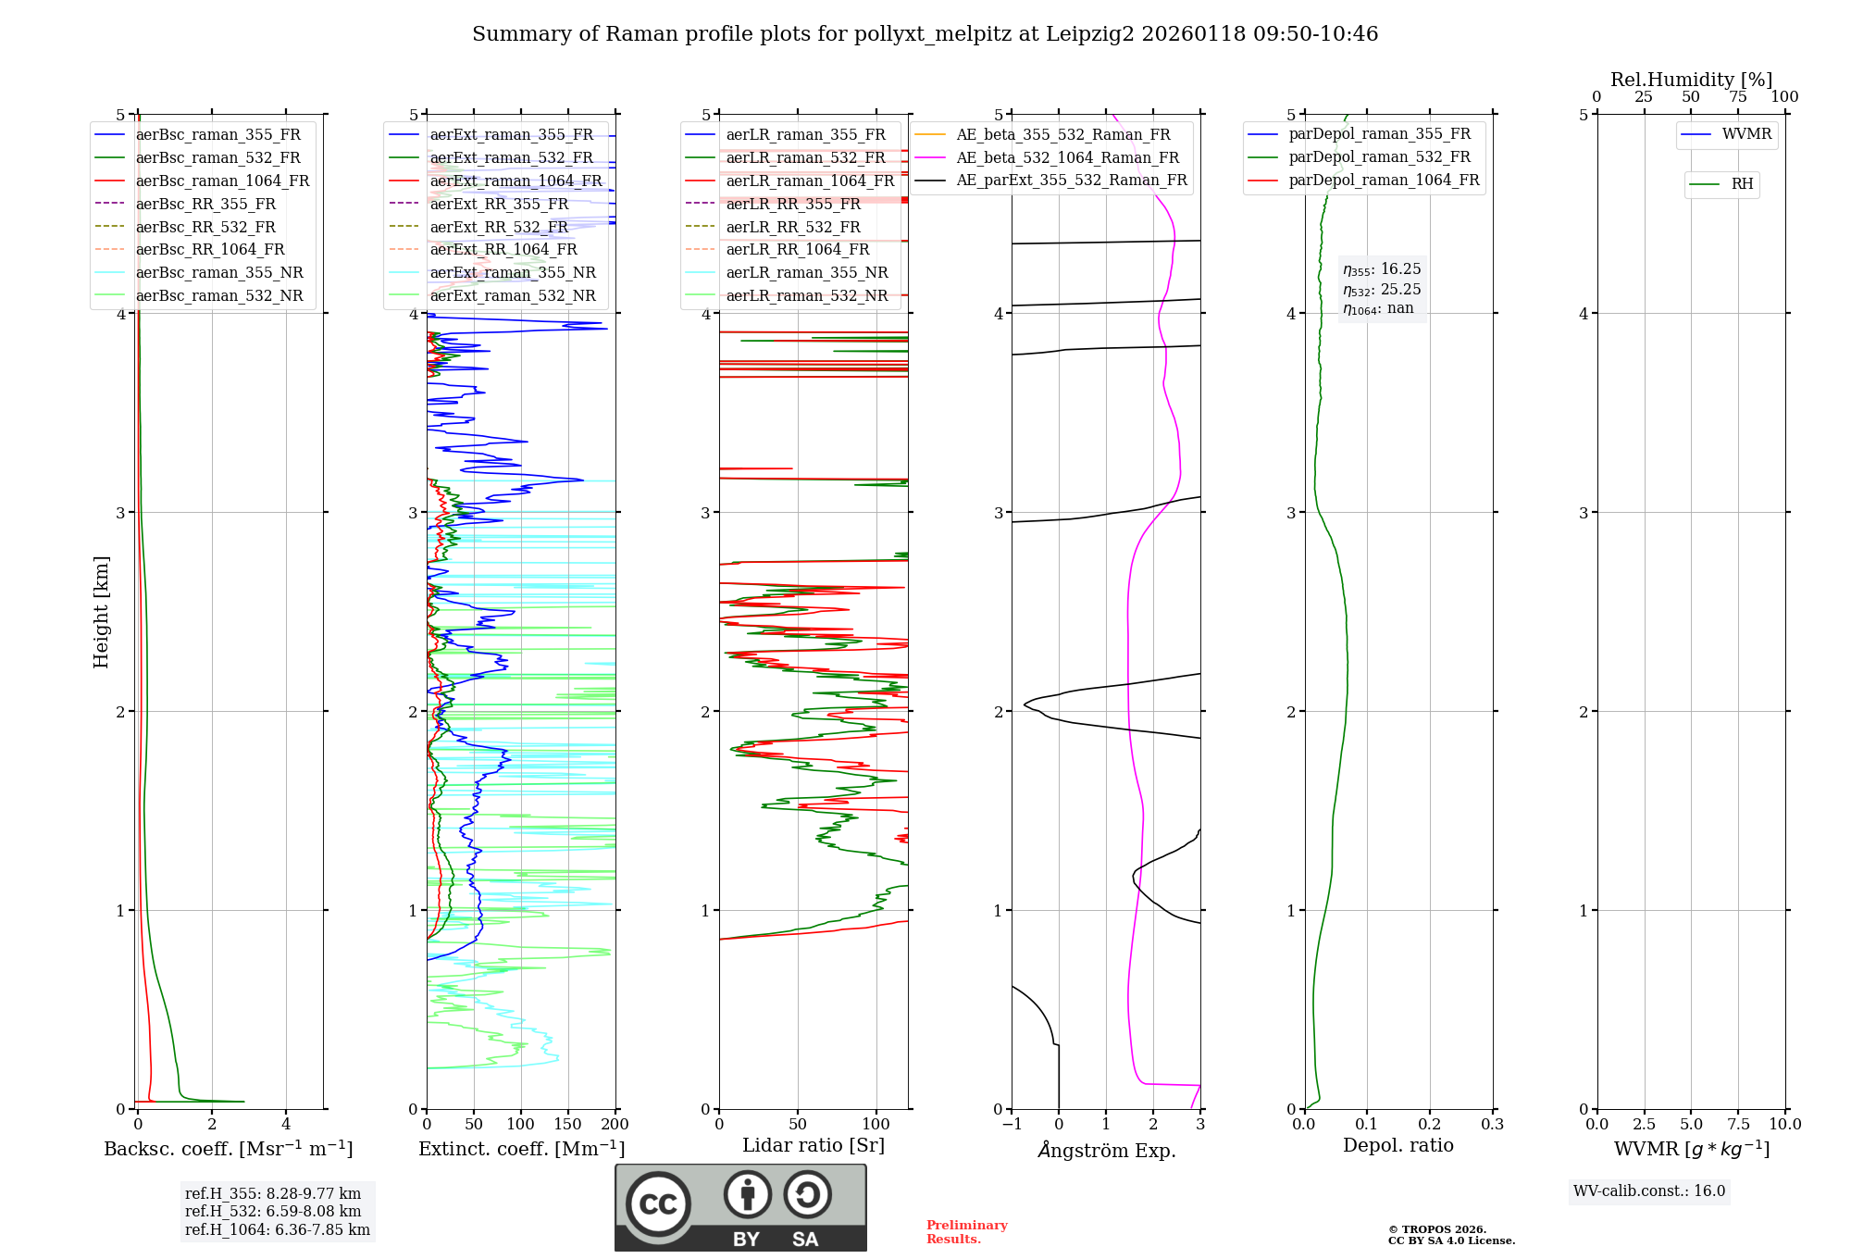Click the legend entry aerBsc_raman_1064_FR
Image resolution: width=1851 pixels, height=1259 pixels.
pyautogui.click(x=222, y=181)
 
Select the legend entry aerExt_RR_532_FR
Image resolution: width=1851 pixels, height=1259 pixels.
pyautogui.click(x=499, y=227)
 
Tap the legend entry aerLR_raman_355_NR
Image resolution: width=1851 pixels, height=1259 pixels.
pyautogui.click(x=806, y=272)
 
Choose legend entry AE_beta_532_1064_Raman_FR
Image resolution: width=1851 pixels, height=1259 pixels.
pyautogui.click(x=1067, y=157)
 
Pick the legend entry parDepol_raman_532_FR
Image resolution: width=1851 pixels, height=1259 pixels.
pyautogui.click(x=1379, y=157)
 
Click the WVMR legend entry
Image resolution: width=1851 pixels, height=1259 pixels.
pyautogui.click(x=1746, y=134)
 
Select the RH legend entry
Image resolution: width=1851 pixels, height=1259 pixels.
pyautogui.click(x=1742, y=184)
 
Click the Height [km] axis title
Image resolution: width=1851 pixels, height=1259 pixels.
pyautogui.click(x=101, y=612)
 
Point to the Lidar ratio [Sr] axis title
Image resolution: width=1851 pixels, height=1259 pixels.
pyautogui.click(x=814, y=1145)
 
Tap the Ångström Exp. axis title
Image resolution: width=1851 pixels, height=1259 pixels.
pyautogui.click(x=1106, y=1150)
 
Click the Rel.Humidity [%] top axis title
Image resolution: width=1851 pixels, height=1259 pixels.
pyautogui.click(x=1691, y=80)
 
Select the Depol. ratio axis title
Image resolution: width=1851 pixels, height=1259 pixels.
pyautogui.click(x=1398, y=1145)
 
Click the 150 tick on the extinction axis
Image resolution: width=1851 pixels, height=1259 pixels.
pyautogui.click(x=567, y=1124)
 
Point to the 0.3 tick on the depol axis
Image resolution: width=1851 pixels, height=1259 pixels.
pyautogui.click(x=1492, y=1124)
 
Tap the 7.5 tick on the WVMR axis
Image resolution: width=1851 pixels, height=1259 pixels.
pyautogui.click(x=1738, y=1124)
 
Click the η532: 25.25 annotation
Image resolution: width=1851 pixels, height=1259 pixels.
pyautogui.click(x=1382, y=290)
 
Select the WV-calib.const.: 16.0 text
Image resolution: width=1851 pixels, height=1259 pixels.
pyautogui.click(x=1649, y=1190)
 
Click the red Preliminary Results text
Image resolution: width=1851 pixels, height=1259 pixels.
pyautogui.click(x=966, y=1231)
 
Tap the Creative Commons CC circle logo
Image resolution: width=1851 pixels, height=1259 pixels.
pyautogui.click(x=658, y=1203)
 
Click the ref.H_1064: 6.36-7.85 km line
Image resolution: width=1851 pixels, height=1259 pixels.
pyautogui.click(x=278, y=1229)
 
